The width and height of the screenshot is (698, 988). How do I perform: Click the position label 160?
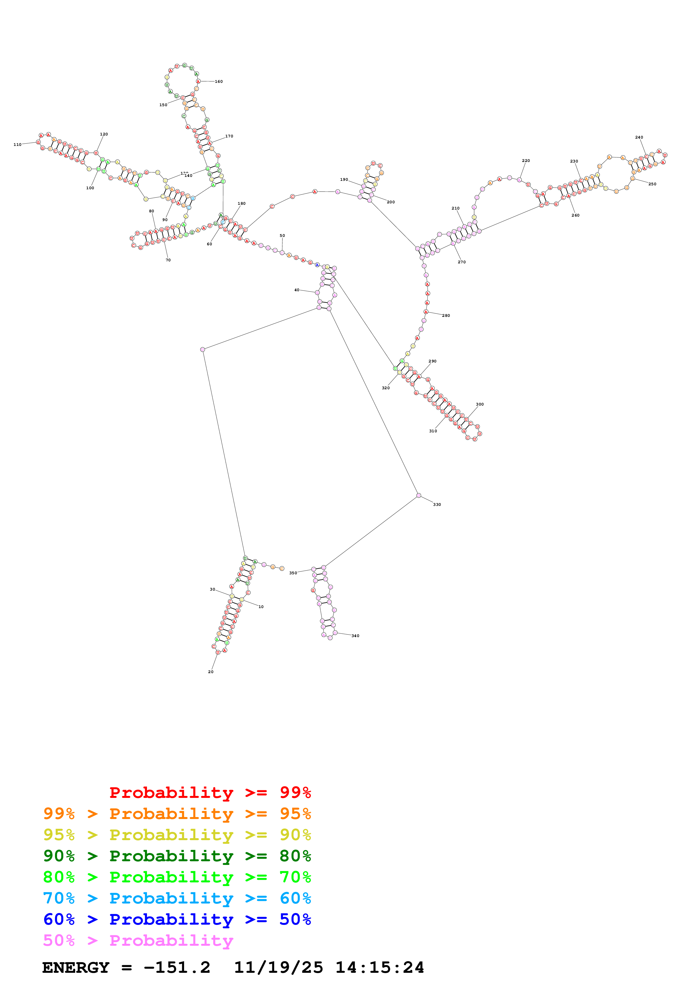(218, 82)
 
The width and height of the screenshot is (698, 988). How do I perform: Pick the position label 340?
(355, 636)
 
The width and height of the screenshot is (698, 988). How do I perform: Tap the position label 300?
(480, 404)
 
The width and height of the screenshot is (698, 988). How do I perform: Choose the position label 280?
(446, 315)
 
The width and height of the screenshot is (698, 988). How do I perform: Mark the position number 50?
(282, 235)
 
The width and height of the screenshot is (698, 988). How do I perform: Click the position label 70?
(168, 260)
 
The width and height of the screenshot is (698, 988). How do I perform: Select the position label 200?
(391, 202)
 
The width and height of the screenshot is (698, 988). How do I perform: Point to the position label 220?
(526, 161)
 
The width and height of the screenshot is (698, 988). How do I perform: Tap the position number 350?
(293, 573)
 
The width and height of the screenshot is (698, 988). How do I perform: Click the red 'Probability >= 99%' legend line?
(210, 792)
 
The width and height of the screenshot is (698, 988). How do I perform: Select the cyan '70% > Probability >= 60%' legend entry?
(177, 898)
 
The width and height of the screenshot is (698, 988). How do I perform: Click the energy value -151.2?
(177, 967)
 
